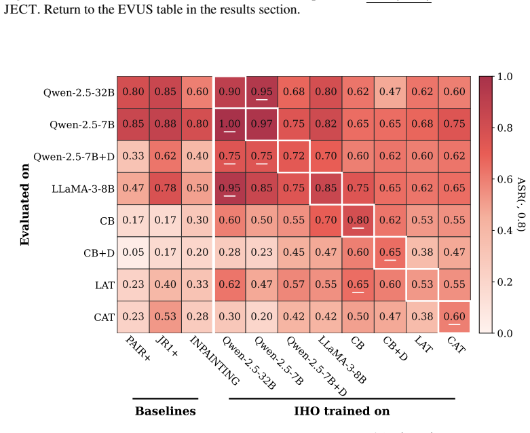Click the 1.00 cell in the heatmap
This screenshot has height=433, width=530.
[229, 124]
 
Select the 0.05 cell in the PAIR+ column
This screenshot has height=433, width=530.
[133, 252]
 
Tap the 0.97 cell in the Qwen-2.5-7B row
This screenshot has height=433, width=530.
[262, 124]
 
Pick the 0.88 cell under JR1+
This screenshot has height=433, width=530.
[166, 124]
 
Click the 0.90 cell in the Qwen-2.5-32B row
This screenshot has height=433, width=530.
[229, 92]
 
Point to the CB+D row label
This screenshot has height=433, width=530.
[99, 253]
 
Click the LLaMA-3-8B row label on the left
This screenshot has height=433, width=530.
[83, 189]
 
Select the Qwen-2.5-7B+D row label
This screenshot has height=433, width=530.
[74, 157]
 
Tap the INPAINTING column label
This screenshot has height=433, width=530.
[215, 360]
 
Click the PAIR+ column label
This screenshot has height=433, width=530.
[138, 347]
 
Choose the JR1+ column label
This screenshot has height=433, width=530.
[167, 346]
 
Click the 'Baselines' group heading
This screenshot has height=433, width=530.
[166, 411]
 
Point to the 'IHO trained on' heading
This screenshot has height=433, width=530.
[342, 411]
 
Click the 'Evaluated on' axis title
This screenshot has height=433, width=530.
[25, 204]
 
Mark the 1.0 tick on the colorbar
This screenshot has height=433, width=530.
[505, 77]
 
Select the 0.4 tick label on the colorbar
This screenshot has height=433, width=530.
[505, 231]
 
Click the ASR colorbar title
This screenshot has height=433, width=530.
[521, 204]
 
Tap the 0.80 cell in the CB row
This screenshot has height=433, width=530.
[358, 221]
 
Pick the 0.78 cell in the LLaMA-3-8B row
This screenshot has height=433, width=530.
[166, 188]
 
